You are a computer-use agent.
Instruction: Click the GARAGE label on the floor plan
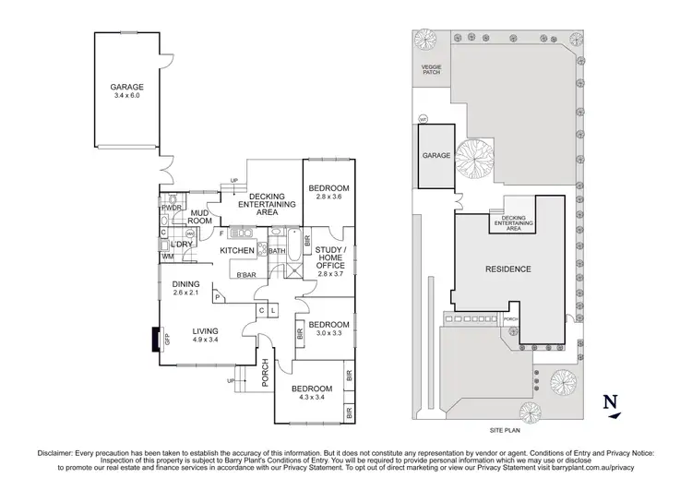click(127, 87)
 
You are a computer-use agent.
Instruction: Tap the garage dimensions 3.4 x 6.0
click(127, 97)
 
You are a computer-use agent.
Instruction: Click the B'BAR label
click(245, 275)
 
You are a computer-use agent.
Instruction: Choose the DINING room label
click(186, 284)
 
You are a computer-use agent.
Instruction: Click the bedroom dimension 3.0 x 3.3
click(329, 334)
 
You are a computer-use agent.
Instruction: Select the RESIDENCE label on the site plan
click(507, 269)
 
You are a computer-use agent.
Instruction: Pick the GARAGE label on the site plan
click(437, 156)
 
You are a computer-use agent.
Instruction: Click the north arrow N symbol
click(607, 402)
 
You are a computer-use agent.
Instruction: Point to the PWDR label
click(171, 208)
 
